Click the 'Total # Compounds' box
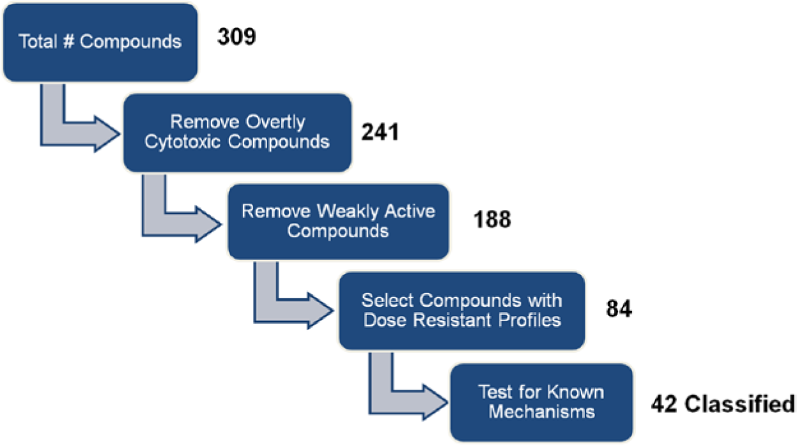click(100, 42)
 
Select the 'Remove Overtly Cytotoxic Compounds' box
click(237, 133)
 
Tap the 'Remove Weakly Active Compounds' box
click(338, 222)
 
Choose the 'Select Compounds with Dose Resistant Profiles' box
click(462, 311)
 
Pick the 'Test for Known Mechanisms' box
click(541, 403)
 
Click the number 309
click(236, 36)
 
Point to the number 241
click(380, 132)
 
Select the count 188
click(492, 219)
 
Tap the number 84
click(619, 308)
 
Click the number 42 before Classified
click(664, 404)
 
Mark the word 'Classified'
click(739, 404)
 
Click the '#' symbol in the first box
click(68, 41)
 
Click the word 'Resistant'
click(453, 320)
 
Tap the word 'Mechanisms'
click(541, 412)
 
